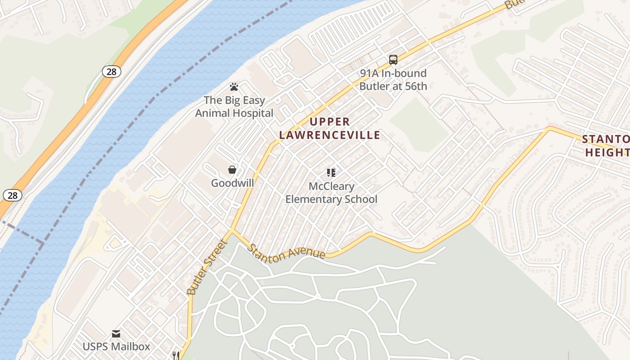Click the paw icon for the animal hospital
[x=234, y=86]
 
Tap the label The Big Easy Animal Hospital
[x=234, y=107]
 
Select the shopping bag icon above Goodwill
[x=232, y=170]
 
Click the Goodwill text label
[x=233, y=183]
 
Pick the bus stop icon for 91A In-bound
[x=393, y=59]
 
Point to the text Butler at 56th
[x=393, y=85]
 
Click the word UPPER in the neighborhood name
[x=330, y=121]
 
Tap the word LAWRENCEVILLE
[x=330, y=135]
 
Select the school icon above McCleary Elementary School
[x=331, y=172]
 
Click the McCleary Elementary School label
[x=331, y=193]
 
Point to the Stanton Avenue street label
[x=287, y=252]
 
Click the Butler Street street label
[x=207, y=267]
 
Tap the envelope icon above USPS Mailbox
[x=116, y=334]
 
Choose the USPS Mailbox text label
[x=116, y=346]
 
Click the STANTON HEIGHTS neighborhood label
[x=606, y=145]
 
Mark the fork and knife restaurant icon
[x=175, y=355]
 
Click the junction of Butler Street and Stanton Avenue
[x=232, y=230]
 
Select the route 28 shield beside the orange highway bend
[x=111, y=71]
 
